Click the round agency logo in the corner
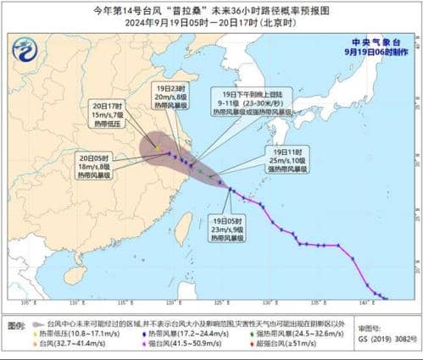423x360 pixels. [25, 51]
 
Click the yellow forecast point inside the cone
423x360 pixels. [157, 148]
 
